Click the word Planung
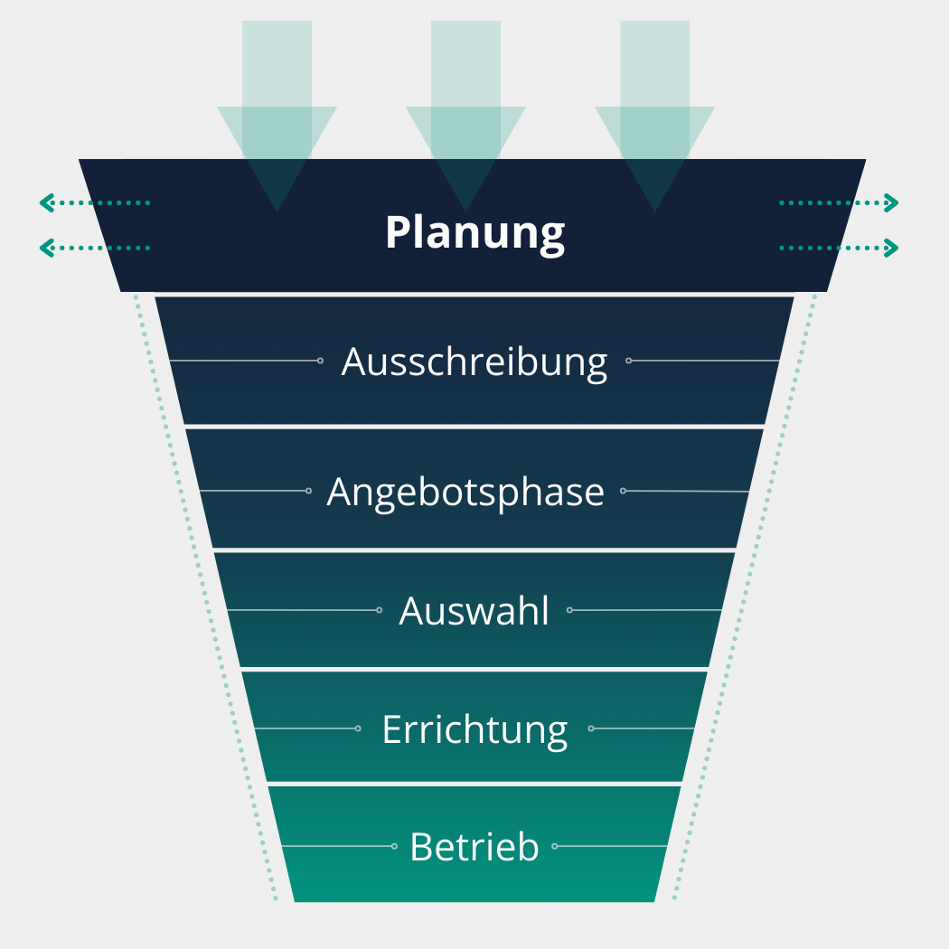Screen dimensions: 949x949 (x=474, y=233)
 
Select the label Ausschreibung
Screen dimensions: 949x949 (x=474, y=362)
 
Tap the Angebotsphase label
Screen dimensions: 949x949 (x=465, y=493)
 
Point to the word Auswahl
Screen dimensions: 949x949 (x=474, y=611)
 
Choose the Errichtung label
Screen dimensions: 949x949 (x=474, y=729)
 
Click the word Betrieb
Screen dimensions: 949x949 (x=474, y=847)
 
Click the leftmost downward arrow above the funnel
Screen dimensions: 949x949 (x=277, y=117)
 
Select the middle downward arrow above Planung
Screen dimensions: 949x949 (x=465, y=117)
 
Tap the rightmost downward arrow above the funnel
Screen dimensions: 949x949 (x=654, y=117)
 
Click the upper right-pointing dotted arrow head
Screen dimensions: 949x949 (x=893, y=202)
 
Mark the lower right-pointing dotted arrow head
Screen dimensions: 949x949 (x=893, y=247)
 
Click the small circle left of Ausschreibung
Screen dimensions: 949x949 (x=320, y=361)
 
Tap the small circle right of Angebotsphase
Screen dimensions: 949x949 (x=623, y=491)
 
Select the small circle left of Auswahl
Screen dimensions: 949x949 (x=379, y=610)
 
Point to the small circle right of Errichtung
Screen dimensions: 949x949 (x=591, y=728)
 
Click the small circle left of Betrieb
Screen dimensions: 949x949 (x=394, y=846)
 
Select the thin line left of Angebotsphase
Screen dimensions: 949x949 (x=253, y=491)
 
